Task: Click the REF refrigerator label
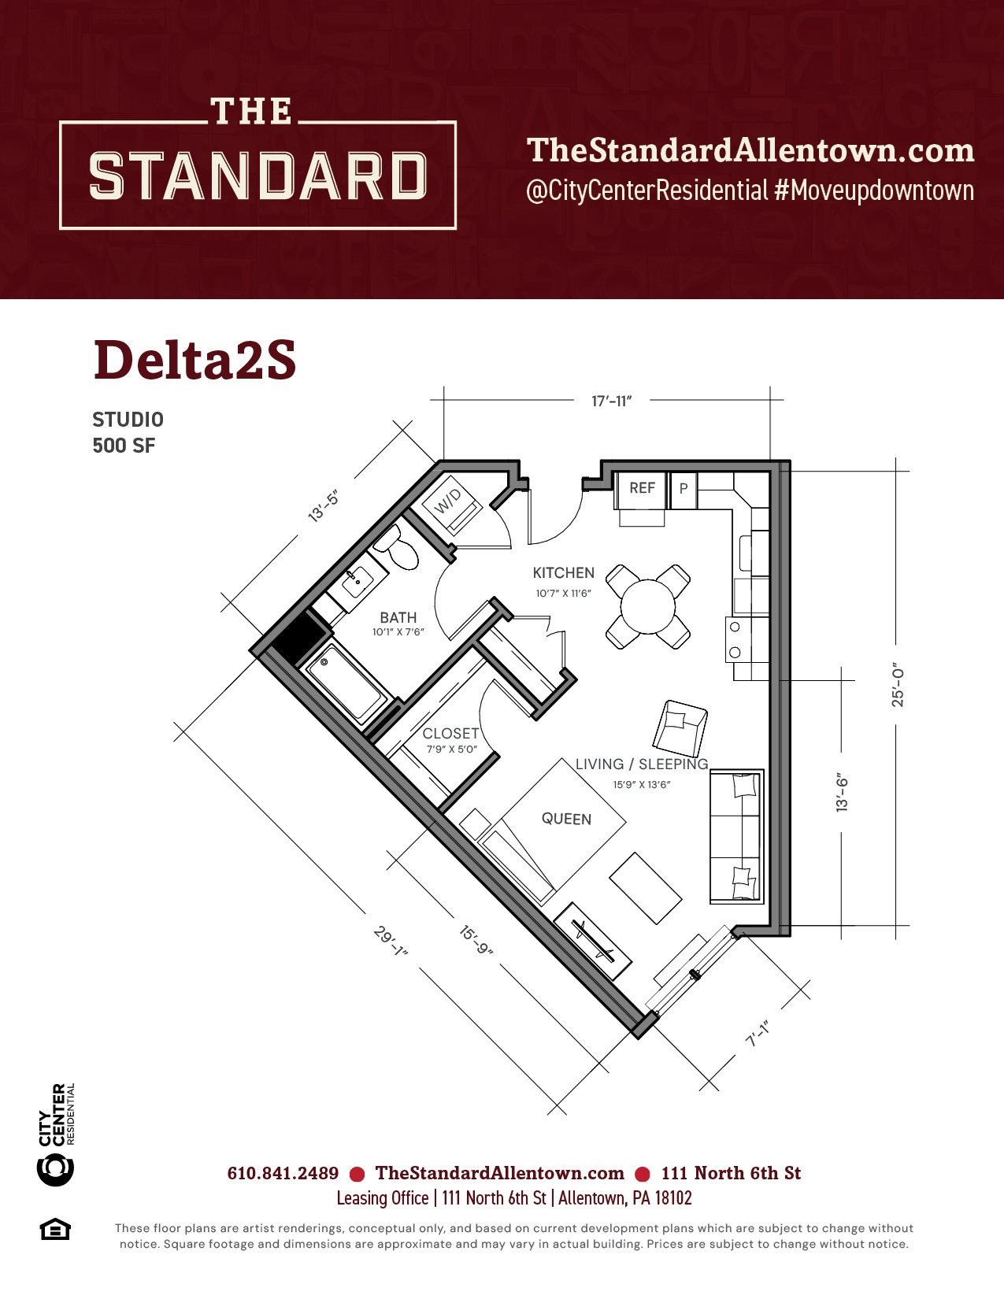point(643,488)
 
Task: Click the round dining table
point(647,606)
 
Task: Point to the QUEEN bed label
point(566,819)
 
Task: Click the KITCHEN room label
point(563,572)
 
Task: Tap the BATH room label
point(398,617)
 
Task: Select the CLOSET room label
point(451,734)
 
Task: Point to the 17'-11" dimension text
point(611,401)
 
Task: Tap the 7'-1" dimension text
point(757,1032)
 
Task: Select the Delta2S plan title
point(195,361)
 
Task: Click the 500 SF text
point(124,446)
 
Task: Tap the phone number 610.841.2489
point(283,1173)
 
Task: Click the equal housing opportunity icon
point(55,1231)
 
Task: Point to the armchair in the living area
point(680,729)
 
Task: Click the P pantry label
point(684,488)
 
